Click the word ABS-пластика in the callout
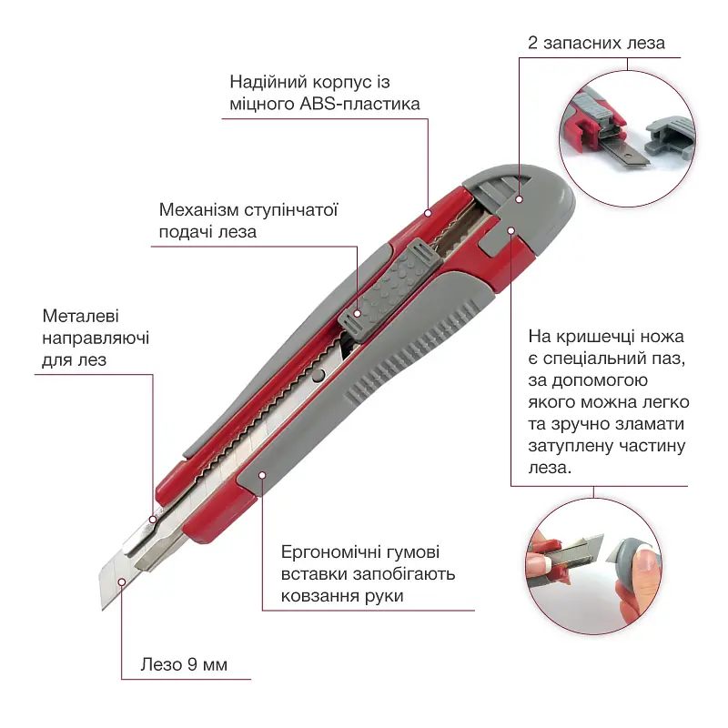pos(359,104)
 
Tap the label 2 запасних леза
pos(596,43)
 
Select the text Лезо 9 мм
pos(184,664)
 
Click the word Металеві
pos(81,316)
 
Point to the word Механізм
pos(199,210)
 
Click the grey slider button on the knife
pos(389,291)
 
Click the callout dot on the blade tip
pos(122,582)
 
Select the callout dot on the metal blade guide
pos(152,520)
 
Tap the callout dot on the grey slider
pos(357,313)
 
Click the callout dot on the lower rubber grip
pos(262,475)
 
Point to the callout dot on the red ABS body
pos(428,213)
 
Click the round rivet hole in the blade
pos(318,376)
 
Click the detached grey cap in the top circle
pos(670,135)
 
